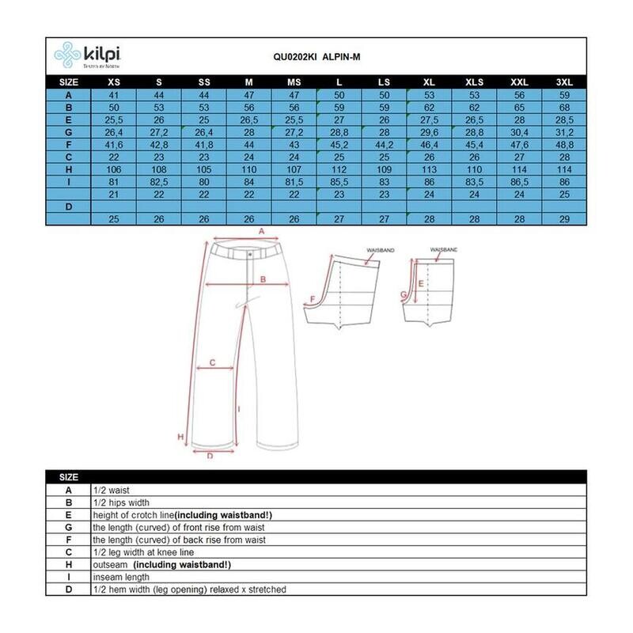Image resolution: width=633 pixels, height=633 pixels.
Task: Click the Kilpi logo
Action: coord(87,55)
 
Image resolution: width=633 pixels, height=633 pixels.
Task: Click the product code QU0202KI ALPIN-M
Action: coord(316,57)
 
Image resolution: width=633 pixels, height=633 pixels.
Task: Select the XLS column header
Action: coord(474,82)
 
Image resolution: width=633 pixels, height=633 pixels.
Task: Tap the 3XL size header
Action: coord(564,82)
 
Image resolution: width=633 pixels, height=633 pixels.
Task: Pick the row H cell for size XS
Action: coord(114,169)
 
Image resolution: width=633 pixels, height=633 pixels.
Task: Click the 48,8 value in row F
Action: coord(564,145)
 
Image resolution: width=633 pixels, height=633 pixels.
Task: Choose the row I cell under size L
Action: coord(339,182)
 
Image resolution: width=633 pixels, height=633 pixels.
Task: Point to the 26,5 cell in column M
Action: coord(248,120)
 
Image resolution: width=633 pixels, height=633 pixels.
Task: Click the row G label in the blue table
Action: coord(69,132)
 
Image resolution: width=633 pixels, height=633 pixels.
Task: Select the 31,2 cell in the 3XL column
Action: coord(564,132)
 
